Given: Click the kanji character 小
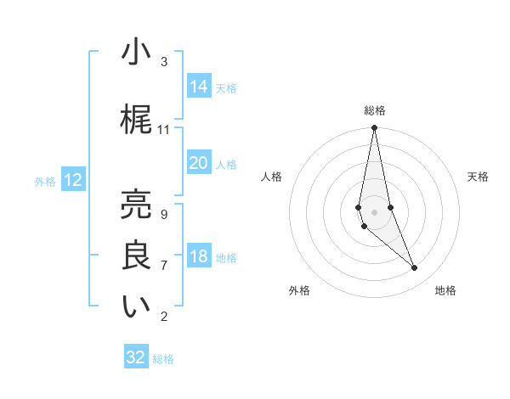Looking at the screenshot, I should pos(136,53).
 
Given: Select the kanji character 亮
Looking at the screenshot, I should pos(136,204).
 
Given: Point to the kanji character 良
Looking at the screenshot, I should pos(136,256).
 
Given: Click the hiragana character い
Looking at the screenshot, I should pos(136,307).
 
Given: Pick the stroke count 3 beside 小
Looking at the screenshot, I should pos(164,62).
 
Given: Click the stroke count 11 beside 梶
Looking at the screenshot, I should pos(164,130).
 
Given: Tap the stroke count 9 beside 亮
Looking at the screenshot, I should pos(164,214).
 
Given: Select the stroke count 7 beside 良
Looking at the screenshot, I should pos(164,266).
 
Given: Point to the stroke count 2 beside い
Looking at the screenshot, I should pos(164,317).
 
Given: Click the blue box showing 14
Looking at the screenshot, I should pos(198,86).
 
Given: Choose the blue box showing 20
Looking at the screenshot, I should pos(198,163).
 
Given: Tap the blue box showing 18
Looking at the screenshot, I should pos(198,256).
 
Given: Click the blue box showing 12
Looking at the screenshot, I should pos(73,179).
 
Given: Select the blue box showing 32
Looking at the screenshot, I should pos(136,357).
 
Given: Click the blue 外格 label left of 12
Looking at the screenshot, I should pos(45,181).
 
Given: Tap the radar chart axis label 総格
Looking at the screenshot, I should pos(375,110).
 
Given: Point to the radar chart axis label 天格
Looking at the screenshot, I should pos(478,177).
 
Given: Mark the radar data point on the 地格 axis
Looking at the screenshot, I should pos(415,268).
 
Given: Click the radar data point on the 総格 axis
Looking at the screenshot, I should pos(375,128).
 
